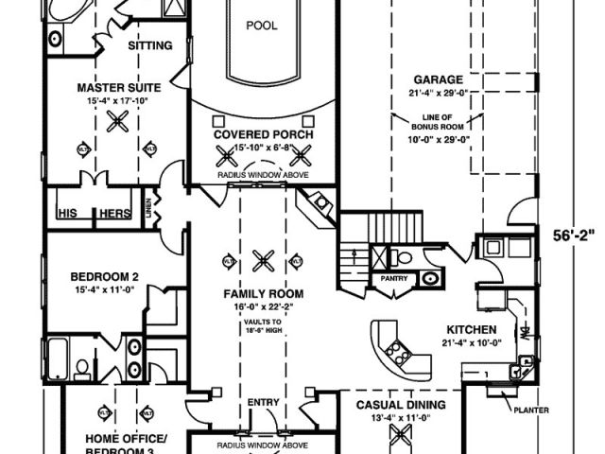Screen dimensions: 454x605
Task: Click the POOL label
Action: point(262,26)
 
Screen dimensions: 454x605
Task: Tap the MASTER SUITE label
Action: point(119,88)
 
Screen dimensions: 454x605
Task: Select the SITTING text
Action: point(150,45)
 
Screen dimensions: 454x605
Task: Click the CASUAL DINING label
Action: point(401,404)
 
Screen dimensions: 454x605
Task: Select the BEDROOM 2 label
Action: point(105,276)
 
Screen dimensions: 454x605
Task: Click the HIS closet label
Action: point(68,214)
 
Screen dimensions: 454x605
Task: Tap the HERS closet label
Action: point(114,214)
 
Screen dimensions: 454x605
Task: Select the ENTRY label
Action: point(263,403)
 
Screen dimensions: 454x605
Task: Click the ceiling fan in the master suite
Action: point(119,119)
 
